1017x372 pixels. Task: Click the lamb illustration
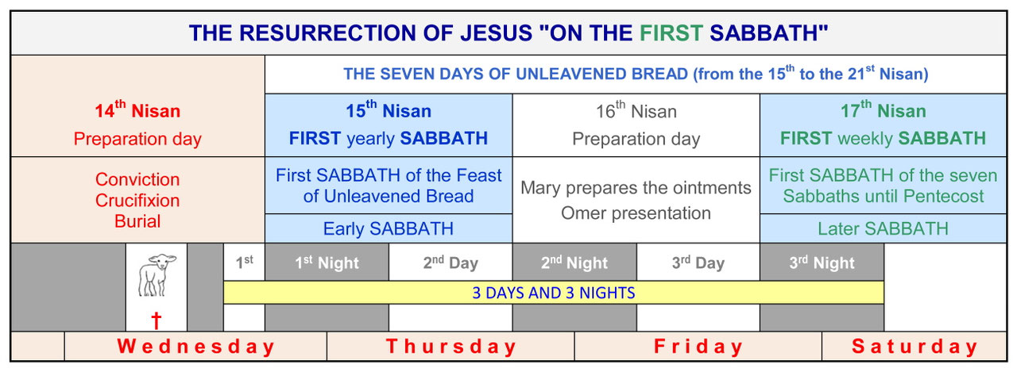click(x=157, y=275)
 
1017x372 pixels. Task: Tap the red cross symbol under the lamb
click(x=157, y=320)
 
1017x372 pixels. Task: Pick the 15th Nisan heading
click(x=388, y=111)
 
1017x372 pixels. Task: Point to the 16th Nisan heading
click(x=636, y=111)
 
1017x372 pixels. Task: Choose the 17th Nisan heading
click(x=883, y=111)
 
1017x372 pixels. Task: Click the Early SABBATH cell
click(x=388, y=228)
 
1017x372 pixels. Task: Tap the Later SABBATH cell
click(x=883, y=228)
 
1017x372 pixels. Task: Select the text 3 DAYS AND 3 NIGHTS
click(x=554, y=293)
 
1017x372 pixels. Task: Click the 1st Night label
click(x=327, y=263)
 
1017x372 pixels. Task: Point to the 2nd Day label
click(x=450, y=263)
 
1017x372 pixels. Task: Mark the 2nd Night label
click(x=574, y=263)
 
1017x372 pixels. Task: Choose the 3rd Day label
click(x=698, y=263)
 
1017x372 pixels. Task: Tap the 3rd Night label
click(x=822, y=263)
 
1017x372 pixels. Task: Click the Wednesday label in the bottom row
click(x=195, y=347)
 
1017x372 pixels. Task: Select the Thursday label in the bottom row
click(x=450, y=347)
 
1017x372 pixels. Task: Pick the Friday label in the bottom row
click(x=698, y=347)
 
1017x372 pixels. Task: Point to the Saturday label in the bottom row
click(x=915, y=347)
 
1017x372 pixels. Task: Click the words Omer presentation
click(x=636, y=213)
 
